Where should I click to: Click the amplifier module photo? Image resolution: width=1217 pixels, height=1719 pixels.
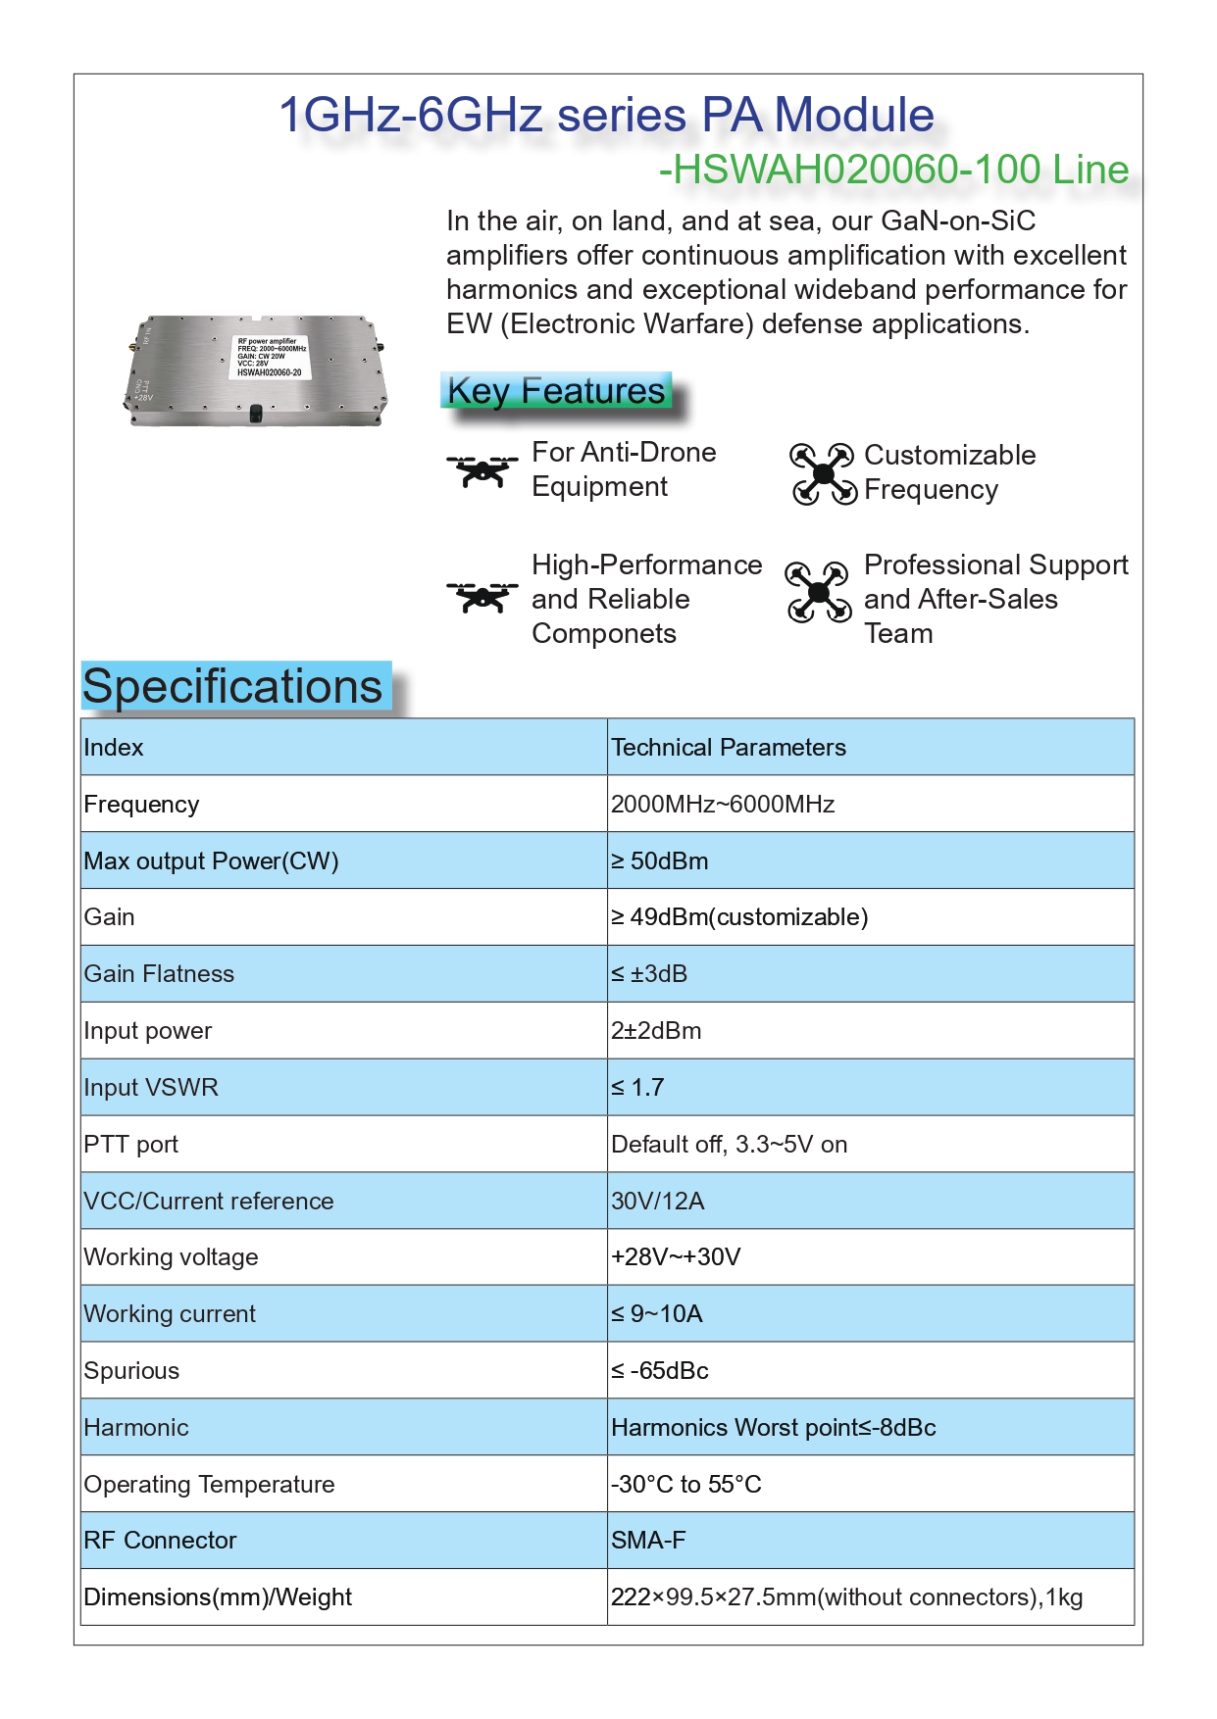point(257,369)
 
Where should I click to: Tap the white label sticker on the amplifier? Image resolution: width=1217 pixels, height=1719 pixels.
point(271,358)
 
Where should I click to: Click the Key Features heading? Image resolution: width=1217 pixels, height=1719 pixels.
point(556,391)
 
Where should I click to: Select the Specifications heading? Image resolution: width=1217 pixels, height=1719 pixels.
point(233,686)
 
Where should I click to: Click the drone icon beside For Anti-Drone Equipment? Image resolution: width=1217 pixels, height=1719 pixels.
point(482,471)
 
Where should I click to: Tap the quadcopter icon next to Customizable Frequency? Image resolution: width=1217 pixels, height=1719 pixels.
point(823,473)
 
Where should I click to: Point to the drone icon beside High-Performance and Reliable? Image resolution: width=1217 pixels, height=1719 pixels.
point(482,597)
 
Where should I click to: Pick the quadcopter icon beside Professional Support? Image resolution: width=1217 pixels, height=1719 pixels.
point(818,592)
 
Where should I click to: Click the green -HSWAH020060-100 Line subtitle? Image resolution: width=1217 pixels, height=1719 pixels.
point(893,170)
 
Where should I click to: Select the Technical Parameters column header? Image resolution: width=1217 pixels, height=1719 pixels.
point(729,748)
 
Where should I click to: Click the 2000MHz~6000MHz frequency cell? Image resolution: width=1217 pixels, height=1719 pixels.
point(723,805)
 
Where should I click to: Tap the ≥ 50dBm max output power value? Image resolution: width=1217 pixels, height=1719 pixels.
point(660,861)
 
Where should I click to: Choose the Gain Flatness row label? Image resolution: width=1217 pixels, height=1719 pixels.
point(159,974)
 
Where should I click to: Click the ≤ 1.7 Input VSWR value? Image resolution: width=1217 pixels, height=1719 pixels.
point(637,1088)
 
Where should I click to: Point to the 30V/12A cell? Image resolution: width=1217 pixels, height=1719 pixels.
point(658,1202)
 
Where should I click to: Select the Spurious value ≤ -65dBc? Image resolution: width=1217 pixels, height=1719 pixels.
point(660,1371)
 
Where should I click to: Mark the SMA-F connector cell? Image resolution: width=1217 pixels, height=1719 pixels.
point(648,1541)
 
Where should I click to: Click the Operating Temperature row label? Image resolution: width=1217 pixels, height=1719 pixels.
point(209,1485)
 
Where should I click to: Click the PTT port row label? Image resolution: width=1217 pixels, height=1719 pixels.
point(131,1145)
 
